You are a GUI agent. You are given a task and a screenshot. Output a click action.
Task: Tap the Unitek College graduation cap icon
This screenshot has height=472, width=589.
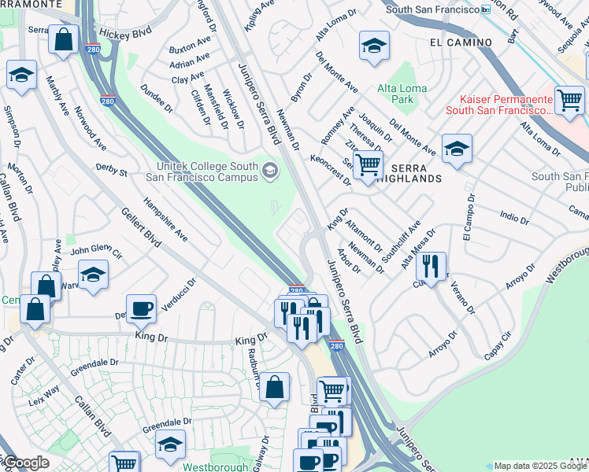pyautogui.click(x=270, y=171)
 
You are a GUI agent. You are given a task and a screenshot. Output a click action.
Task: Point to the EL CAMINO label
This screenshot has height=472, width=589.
pyautogui.click(x=461, y=41)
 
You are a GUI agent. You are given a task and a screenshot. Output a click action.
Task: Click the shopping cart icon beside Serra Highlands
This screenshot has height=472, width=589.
pyautogui.click(x=367, y=166)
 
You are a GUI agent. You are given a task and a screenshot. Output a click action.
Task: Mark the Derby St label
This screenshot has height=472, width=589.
pyautogui.click(x=111, y=169)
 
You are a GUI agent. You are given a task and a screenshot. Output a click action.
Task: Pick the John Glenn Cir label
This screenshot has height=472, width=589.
pyautogui.click(x=96, y=253)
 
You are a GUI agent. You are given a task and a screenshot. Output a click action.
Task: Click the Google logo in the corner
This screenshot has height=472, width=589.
pyautogui.click(x=26, y=463)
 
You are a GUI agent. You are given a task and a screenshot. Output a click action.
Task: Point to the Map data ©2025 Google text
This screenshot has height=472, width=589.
pyautogui.click(x=540, y=466)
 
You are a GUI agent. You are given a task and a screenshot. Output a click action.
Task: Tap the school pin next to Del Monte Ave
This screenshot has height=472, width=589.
pyautogui.click(x=456, y=149)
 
